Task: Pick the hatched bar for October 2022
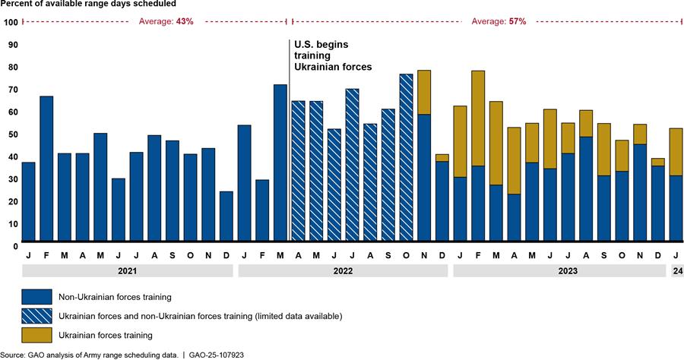[x=406, y=159]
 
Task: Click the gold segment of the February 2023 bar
[x=478, y=118]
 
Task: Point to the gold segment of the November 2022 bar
[x=424, y=92]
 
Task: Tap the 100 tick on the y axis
[x=11, y=22]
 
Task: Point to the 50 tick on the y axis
[x=13, y=134]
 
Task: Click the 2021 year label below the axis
[x=127, y=270]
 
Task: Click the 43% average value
[x=185, y=21]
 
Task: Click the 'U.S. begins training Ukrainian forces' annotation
[x=333, y=55]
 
